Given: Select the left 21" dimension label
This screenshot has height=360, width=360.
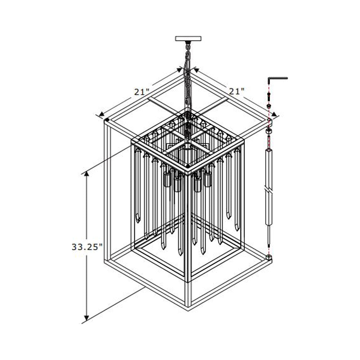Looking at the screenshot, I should (142, 91).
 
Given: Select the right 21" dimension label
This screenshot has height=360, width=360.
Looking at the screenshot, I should (237, 91).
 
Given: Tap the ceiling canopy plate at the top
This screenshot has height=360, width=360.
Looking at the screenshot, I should (188, 38).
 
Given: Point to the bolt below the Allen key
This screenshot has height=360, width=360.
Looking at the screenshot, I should (269, 96).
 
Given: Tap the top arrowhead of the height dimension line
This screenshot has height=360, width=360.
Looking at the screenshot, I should (86, 175).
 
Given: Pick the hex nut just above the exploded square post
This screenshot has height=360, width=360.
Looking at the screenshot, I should (269, 131).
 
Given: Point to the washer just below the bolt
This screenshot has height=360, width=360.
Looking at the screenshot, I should (269, 106).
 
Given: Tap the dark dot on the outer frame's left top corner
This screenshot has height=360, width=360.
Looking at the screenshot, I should (107, 120).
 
